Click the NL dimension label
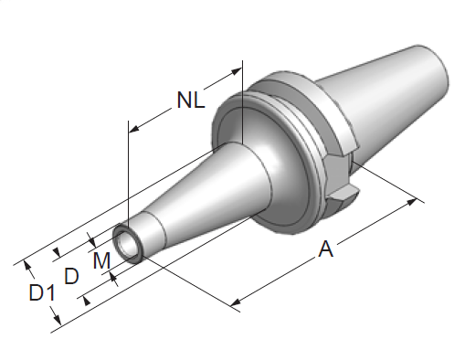click(191, 100)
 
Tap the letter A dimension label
click(325, 249)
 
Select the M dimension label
click(101, 260)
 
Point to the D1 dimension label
click(42, 292)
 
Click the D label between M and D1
click(71, 276)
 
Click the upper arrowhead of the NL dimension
click(236, 72)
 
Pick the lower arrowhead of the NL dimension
click(134, 129)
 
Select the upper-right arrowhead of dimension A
click(411, 202)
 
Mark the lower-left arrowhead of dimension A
click(236, 302)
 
